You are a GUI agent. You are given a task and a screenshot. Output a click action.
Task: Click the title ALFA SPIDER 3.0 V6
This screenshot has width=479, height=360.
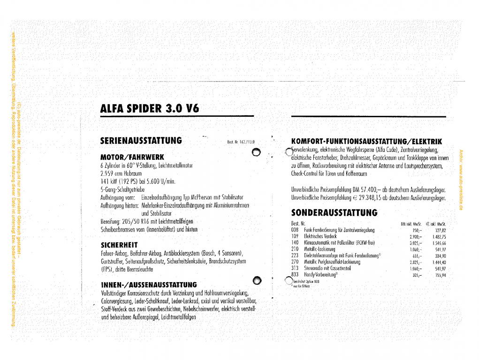point(150,109)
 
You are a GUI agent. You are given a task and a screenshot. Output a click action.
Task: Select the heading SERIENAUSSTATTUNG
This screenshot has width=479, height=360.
point(141,140)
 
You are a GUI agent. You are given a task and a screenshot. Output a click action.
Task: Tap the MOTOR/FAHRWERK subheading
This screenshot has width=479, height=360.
point(132,156)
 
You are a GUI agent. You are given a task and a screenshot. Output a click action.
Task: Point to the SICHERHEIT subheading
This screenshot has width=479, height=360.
point(119,244)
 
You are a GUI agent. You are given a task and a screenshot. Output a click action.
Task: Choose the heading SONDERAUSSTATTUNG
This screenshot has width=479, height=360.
point(334,212)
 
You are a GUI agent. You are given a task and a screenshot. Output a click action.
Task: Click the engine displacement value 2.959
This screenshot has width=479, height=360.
point(108,173)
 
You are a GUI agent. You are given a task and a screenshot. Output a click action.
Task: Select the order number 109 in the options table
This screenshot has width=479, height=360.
point(295,236)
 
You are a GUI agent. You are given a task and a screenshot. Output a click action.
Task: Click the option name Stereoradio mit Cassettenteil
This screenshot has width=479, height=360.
point(327,269)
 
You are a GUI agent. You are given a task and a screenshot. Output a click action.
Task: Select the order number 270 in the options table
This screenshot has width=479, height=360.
point(295,262)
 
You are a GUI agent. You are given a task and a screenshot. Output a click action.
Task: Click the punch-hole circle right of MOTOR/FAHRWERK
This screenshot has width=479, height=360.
point(256,151)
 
